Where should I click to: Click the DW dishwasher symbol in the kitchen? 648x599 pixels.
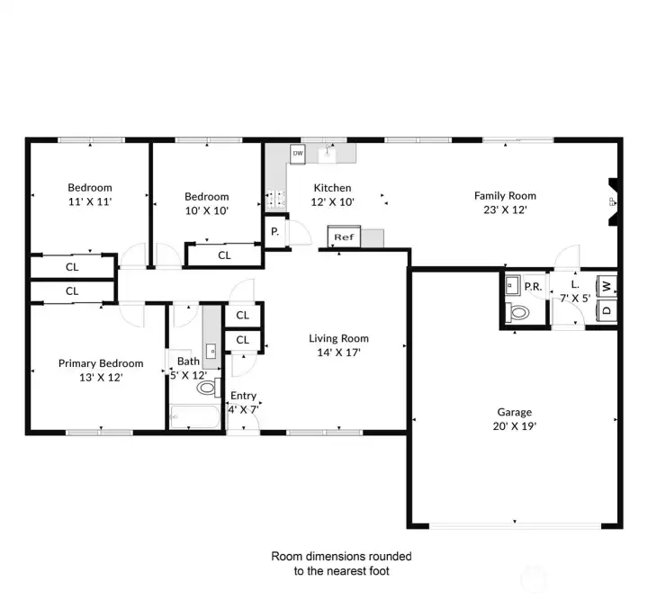(298, 153)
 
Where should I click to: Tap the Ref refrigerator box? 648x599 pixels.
(344, 237)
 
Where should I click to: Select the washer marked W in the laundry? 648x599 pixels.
(607, 286)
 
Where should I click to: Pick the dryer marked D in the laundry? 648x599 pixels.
(607, 309)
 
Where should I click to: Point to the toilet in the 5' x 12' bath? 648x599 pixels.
(209, 388)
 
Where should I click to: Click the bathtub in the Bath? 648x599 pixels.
(195, 416)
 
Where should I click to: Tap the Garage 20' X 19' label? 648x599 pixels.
(515, 419)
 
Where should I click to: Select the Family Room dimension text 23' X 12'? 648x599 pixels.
(505, 210)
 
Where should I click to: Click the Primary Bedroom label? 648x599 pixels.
(101, 363)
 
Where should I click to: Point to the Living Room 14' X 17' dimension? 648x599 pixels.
(339, 353)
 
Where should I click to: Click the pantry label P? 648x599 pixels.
(274, 232)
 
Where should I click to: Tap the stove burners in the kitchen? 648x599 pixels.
(275, 198)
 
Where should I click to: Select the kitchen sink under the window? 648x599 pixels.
(327, 154)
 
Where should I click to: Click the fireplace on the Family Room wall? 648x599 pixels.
(613, 202)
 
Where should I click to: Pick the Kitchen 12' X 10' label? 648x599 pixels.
(333, 194)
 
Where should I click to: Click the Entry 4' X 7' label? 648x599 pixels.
(243, 402)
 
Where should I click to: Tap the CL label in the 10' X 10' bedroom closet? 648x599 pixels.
(224, 255)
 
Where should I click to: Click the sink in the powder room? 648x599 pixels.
(512, 285)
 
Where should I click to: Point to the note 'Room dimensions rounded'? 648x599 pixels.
(341, 556)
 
